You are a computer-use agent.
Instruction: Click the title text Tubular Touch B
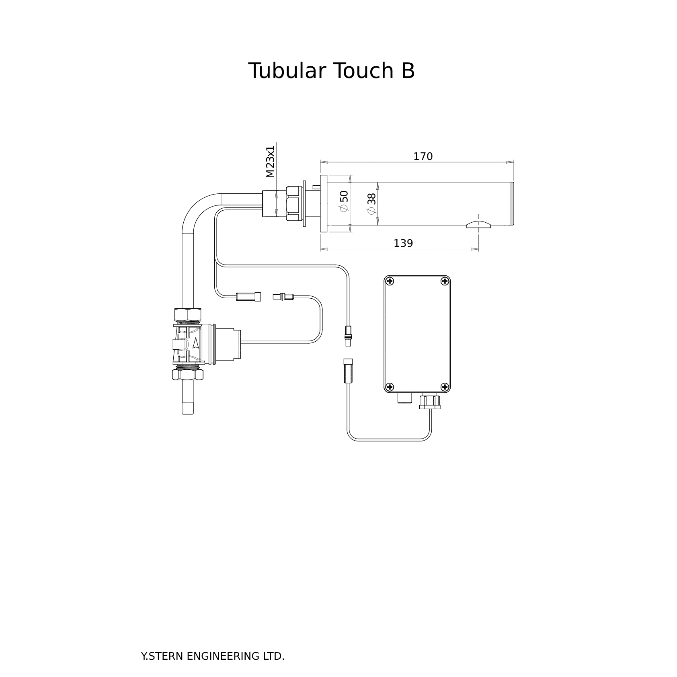(331, 71)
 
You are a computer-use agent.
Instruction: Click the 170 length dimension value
(423, 156)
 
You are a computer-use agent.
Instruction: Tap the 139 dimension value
(403, 243)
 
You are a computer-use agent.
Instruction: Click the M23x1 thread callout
(270, 162)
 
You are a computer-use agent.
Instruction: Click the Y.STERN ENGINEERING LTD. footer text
(213, 656)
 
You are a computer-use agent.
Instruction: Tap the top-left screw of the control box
(389, 281)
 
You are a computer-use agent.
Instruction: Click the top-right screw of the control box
(445, 281)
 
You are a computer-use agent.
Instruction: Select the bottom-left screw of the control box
(389, 387)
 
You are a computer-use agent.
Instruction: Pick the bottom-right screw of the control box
(445, 387)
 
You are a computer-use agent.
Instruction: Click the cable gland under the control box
(430, 402)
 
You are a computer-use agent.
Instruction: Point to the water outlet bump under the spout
(478, 224)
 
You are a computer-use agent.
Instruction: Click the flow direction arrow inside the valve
(196, 343)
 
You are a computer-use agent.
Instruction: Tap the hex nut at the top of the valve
(187, 314)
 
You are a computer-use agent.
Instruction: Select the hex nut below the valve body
(187, 375)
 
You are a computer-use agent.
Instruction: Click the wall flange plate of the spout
(324, 203)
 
